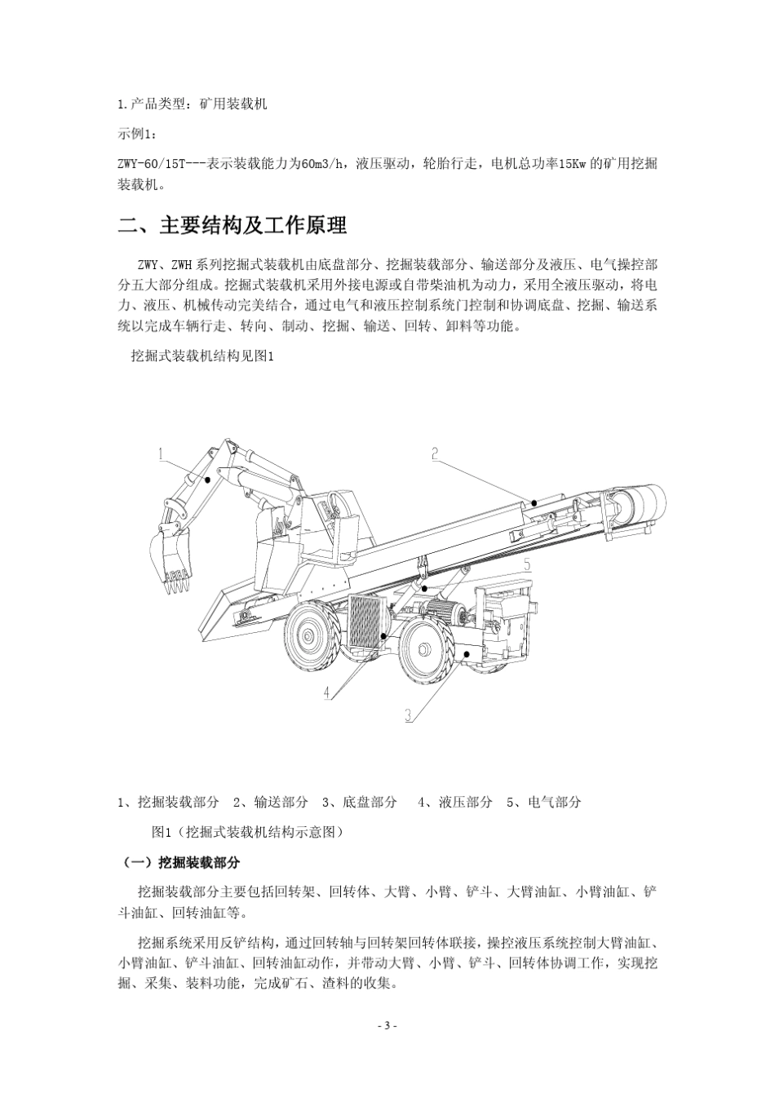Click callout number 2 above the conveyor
click(x=436, y=453)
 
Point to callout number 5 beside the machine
click(x=527, y=564)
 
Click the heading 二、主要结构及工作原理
click(x=232, y=226)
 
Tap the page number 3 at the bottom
click(x=388, y=1025)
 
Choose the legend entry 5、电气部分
click(x=543, y=802)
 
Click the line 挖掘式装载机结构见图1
click(x=200, y=356)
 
